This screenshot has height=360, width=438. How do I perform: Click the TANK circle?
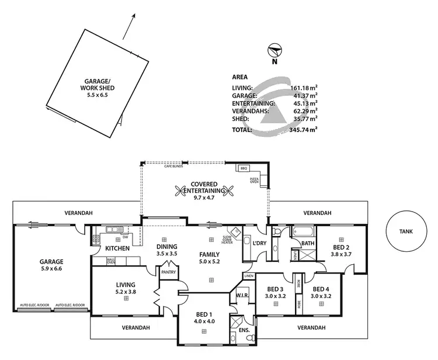coord(406,231)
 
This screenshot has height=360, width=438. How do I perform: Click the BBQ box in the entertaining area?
coord(244,168)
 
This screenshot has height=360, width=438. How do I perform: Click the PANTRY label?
coord(168,271)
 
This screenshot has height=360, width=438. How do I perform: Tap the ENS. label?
coord(244,330)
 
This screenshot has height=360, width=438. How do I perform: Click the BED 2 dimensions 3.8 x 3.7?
coord(341,254)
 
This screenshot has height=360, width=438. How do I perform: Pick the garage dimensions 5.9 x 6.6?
coord(51,269)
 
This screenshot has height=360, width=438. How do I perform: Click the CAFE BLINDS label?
coord(174,167)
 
